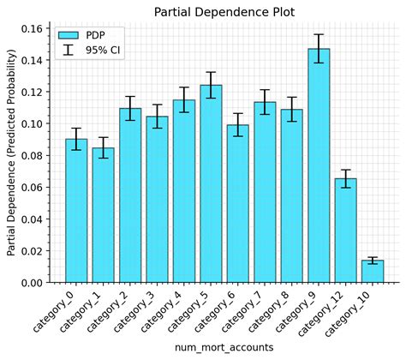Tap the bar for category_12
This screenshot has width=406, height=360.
coord(345,231)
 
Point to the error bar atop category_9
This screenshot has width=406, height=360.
coord(319,49)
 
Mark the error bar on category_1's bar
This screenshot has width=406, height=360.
coord(103,147)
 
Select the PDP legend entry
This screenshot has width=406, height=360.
coord(81,35)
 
